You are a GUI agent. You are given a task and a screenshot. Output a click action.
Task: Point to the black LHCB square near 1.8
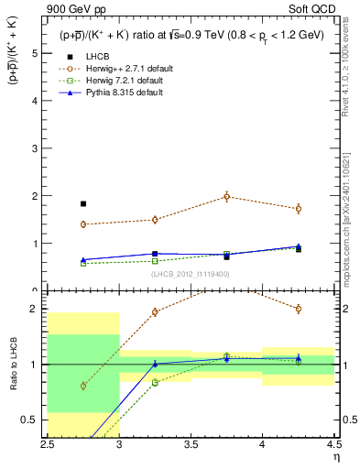coord(83,203)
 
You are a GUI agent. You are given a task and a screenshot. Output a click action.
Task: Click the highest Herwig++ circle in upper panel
coord(227,196)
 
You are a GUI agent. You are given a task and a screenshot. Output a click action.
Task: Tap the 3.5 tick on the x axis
coord(191,444)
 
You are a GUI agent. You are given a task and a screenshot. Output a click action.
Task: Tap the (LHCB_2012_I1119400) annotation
coord(191,273)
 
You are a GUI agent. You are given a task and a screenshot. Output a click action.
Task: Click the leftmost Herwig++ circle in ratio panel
coord(83,386)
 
